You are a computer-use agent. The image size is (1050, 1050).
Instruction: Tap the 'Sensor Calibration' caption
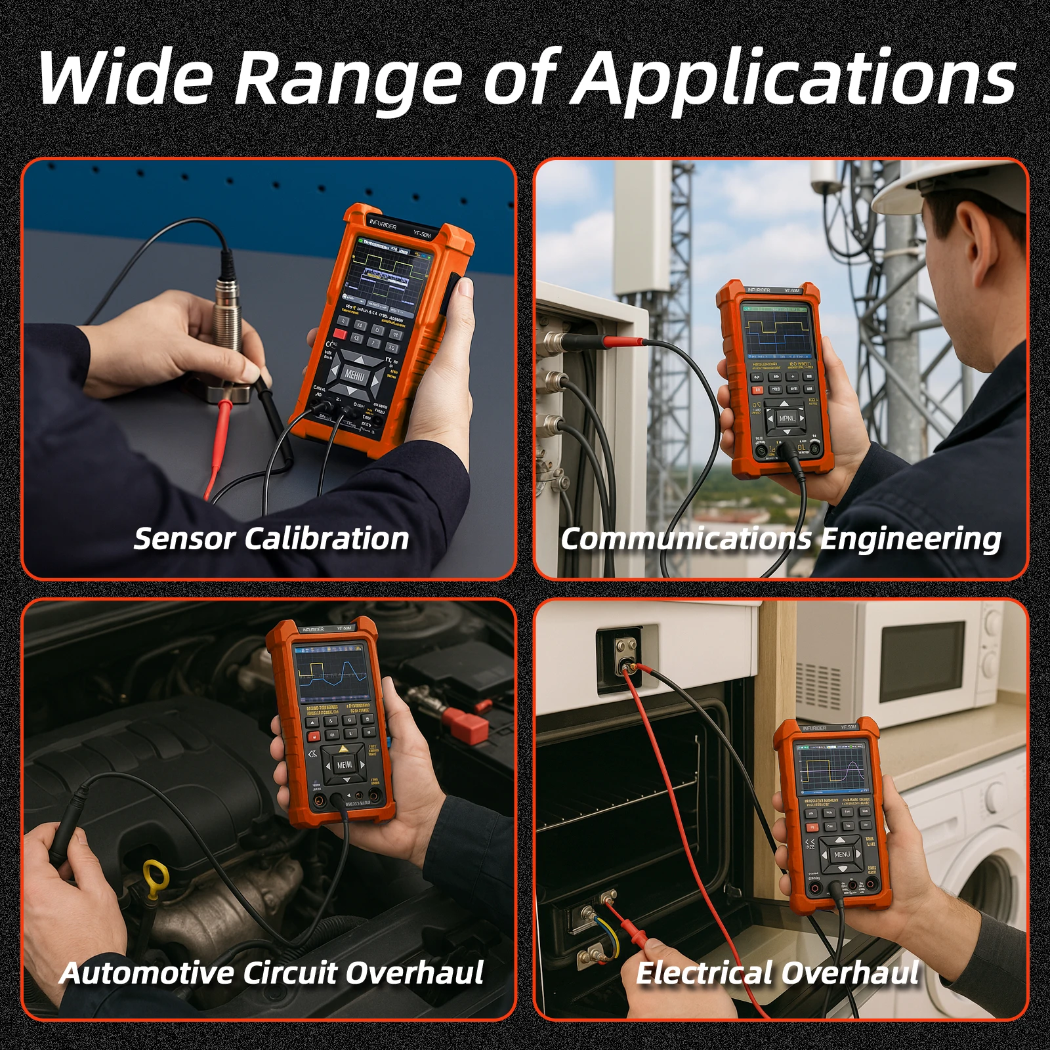[x=271, y=539]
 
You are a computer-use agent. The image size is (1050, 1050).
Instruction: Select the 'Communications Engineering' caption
[x=780, y=539]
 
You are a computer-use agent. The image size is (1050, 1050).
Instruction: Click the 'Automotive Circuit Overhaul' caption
[x=271, y=973]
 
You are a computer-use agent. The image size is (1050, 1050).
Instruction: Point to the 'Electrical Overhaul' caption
[x=777, y=973]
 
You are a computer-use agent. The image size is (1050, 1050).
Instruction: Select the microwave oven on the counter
[x=919, y=663]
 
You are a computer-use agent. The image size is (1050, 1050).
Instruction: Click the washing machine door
[x=984, y=919]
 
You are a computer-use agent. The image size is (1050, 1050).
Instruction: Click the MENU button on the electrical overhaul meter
[x=841, y=854]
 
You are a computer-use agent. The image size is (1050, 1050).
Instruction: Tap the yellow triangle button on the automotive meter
[x=343, y=749]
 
